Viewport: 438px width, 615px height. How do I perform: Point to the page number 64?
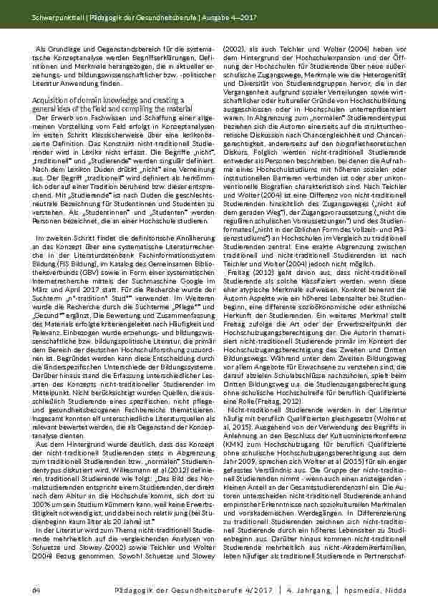pos(36,589)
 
